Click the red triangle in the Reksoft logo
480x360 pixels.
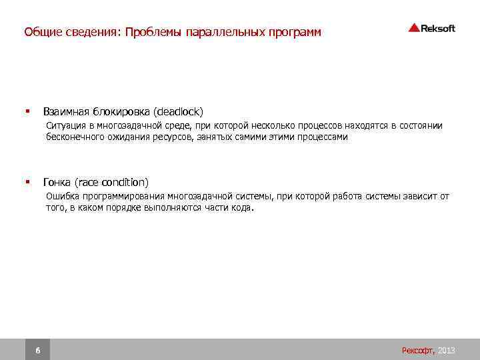point(414,28)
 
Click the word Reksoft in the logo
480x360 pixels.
point(438,28)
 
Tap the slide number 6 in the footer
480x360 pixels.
point(37,350)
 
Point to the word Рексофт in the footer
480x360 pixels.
point(418,350)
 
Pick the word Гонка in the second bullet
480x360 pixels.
point(57,182)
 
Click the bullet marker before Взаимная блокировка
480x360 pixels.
point(27,111)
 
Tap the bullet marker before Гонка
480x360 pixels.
point(27,182)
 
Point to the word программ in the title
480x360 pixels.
point(295,32)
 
